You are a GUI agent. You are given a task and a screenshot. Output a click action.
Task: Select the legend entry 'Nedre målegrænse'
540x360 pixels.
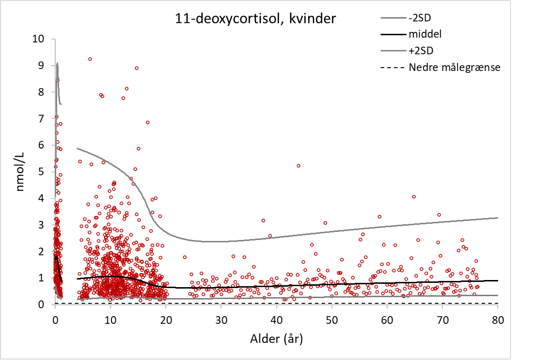point(454,67)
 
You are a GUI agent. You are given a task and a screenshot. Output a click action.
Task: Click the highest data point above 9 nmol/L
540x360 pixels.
point(90,59)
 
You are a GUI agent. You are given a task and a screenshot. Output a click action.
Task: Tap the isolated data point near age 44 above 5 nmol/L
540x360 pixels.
point(299,166)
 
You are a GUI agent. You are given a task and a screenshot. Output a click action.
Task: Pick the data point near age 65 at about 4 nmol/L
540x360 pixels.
point(414,197)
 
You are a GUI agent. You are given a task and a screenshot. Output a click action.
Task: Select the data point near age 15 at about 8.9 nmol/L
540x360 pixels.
point(137,68)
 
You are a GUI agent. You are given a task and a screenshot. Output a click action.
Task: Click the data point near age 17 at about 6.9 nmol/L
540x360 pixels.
point(148,122)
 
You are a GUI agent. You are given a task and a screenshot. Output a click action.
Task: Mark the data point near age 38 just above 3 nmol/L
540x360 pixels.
point(263,220)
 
